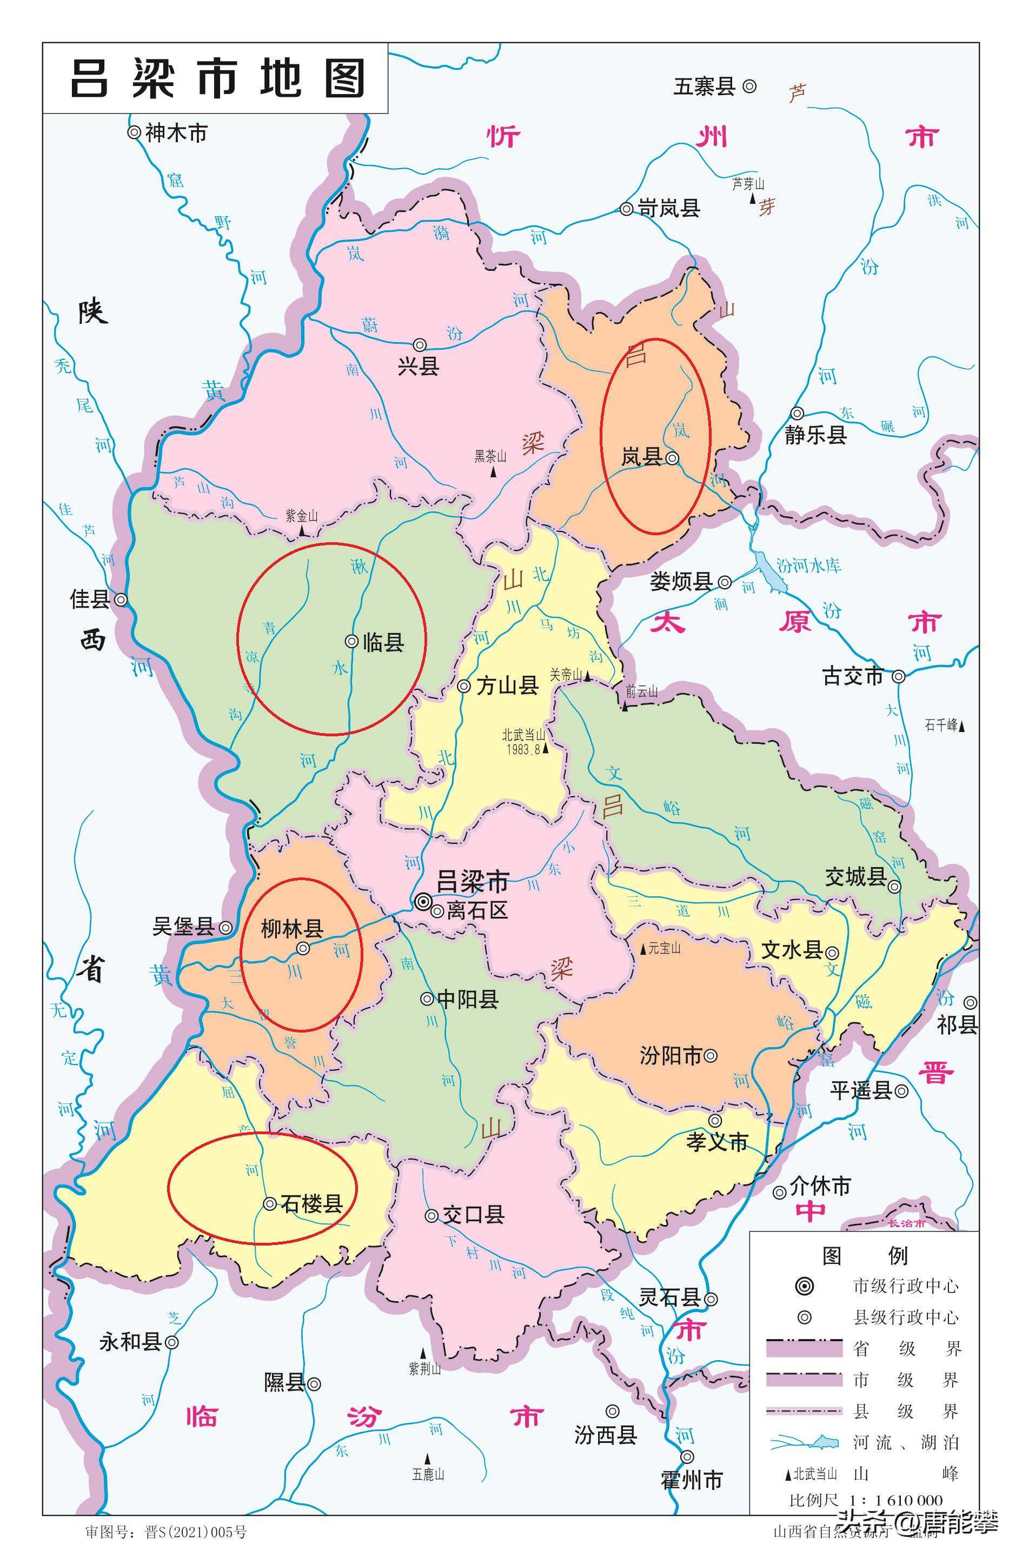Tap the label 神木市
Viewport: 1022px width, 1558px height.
point(175,133)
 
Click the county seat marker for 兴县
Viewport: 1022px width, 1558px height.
point(420,345)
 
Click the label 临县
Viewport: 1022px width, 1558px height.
point(384,642)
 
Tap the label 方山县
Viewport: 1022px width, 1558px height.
point(507,685)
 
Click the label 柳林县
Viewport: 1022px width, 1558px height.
point(292,928)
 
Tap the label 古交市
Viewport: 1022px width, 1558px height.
point(853,676)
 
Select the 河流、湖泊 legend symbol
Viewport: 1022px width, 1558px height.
point(805,1441)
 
